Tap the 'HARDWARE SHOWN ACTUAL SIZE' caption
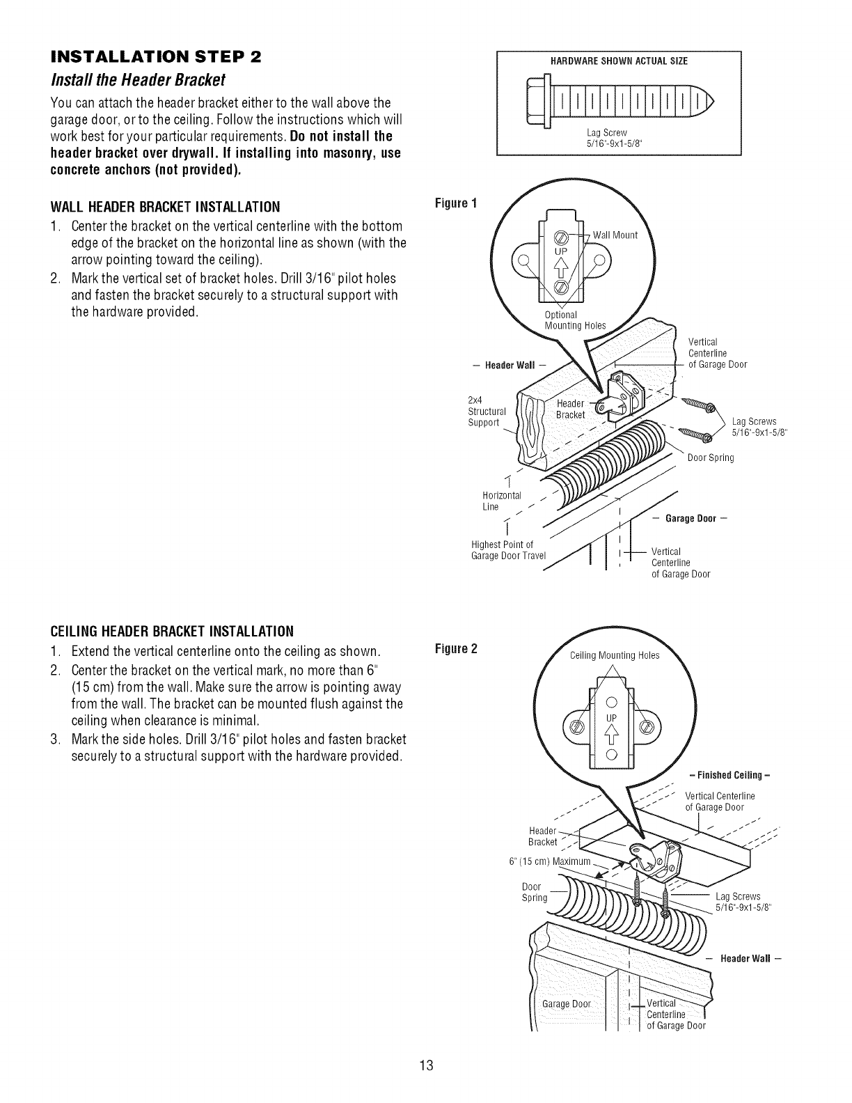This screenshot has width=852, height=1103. coord(619,61)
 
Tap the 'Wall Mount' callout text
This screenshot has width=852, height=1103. coord(615,235)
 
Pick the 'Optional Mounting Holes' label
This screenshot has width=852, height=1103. coord(575,320)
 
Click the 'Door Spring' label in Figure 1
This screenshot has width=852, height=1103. coord(711,457)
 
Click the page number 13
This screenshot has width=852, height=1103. coord(426,1065)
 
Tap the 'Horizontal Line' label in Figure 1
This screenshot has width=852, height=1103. coord(501,500)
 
